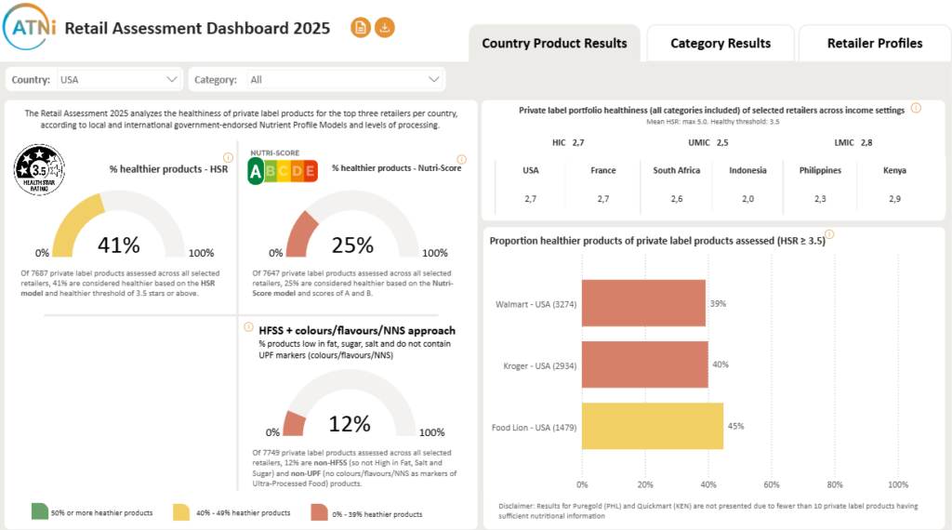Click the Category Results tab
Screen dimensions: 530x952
coord(721,44)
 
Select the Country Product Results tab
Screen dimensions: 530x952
coord(554,44)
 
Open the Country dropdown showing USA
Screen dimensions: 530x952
coord(120,80)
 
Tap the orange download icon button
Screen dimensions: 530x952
coord(385,28)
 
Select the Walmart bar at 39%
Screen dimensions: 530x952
coord(643,303)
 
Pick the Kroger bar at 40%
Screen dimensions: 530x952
coord(644,364)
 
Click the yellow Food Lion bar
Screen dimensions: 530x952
coord(652,426)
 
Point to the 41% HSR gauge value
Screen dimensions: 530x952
coord(119,245)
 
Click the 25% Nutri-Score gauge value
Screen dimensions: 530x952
coord(353,245)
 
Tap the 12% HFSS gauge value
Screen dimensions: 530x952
coord(350,424)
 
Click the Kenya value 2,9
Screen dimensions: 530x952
coord(893,199)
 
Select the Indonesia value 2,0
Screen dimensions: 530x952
coord(747,199)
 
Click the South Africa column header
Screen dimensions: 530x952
coord(677,170)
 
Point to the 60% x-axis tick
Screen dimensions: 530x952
coord(771,484)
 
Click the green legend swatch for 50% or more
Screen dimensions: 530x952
coord(40,511)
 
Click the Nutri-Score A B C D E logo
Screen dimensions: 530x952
coord(283,169)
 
